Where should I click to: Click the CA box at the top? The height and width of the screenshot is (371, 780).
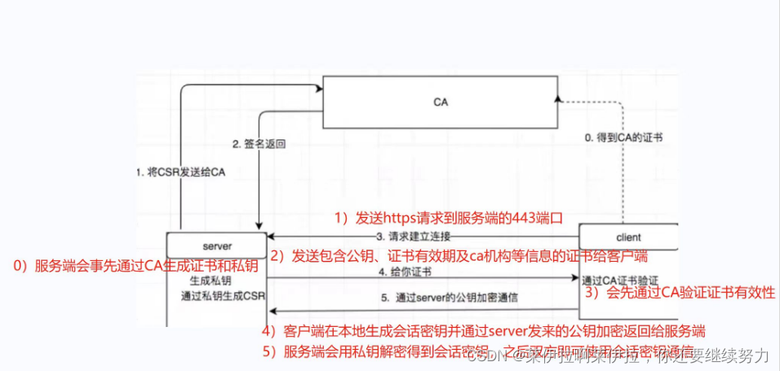click(x=441, y=103)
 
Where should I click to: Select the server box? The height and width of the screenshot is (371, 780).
click(x=216, y=245)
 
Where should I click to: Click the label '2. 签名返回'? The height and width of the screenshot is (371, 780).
click(x=259, y=144)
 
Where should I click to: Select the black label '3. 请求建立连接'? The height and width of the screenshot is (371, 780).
click(x=414, y=236)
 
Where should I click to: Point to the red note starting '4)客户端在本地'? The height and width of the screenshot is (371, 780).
click(x=483, y=331)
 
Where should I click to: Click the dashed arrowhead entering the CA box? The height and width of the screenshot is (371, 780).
click(x=557, y=98)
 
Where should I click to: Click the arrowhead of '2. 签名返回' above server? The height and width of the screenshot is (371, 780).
click(x=259, y=227)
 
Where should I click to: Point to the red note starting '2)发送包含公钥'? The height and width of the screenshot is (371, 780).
click(x=459, y=256)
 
